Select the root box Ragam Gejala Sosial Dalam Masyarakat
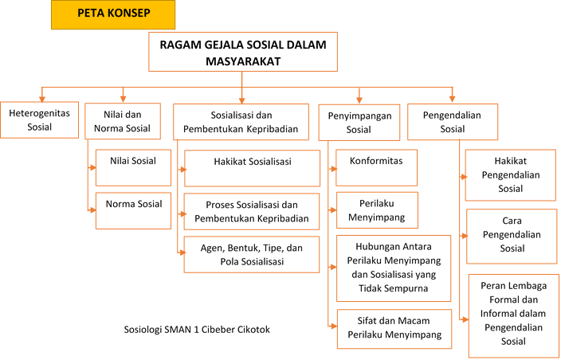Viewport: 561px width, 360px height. click(242, 53)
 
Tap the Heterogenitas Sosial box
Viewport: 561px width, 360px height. click(40, 119)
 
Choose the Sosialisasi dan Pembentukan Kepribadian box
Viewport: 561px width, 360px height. click(241, 119)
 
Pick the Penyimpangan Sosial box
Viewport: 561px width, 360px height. click(359, 122)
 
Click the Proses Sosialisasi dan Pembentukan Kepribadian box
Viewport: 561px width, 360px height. click(252, 211)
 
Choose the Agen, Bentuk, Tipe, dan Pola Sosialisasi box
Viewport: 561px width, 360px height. click(252, 254)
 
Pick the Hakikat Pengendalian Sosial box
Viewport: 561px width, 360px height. click(511, 174)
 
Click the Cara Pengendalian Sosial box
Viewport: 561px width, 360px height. click(511, 236)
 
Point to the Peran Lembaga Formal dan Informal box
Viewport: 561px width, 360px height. click(512, 315)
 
